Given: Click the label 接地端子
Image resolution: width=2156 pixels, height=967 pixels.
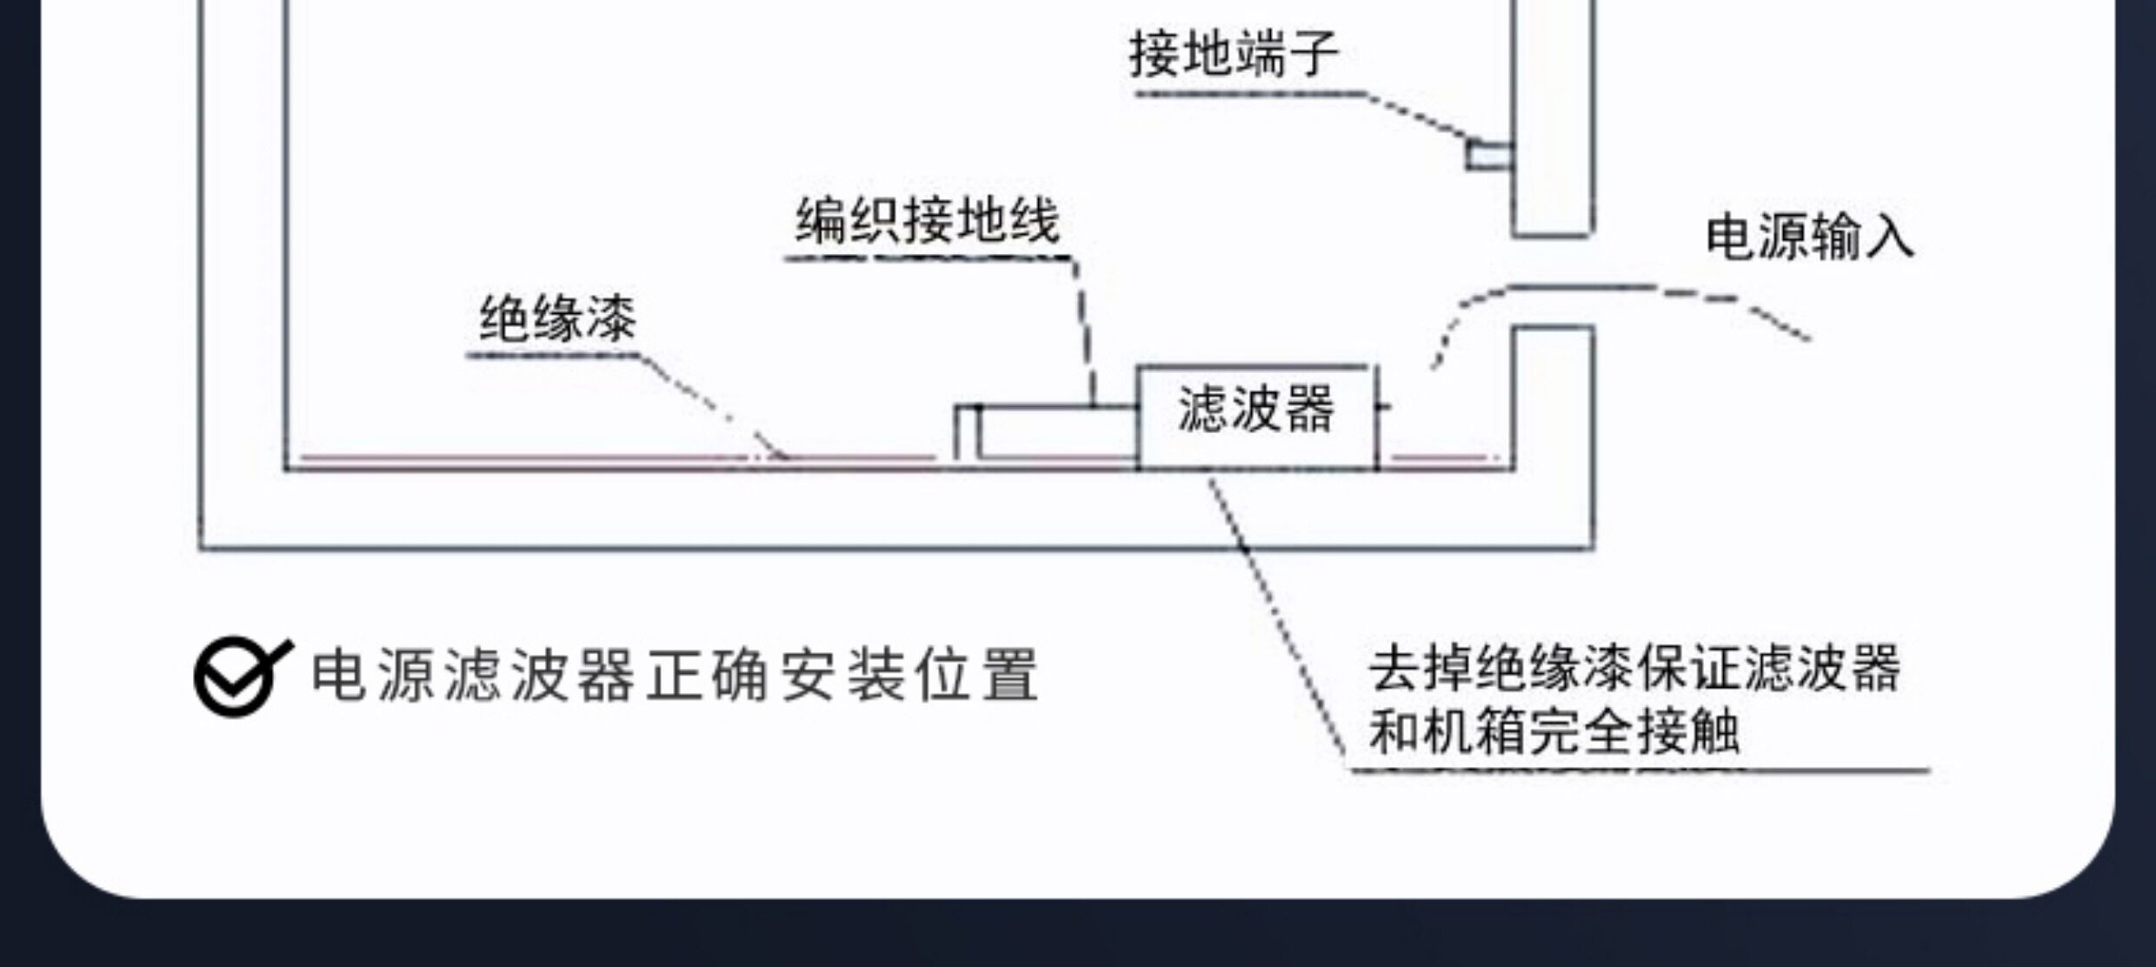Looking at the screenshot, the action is point(1233,54).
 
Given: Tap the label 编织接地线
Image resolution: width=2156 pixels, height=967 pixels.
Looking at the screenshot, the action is point(928,221).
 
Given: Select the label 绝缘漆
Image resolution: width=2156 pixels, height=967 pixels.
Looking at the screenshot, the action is point(557,319).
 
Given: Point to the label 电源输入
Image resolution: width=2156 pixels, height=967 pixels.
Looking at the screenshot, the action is point(1809,237).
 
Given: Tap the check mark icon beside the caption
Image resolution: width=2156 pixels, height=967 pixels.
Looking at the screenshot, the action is point(240,677).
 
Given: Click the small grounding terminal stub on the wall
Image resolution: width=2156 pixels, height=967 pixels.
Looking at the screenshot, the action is point(1488,156).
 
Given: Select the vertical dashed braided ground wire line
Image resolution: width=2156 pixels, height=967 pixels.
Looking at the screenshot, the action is point(1086,330).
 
